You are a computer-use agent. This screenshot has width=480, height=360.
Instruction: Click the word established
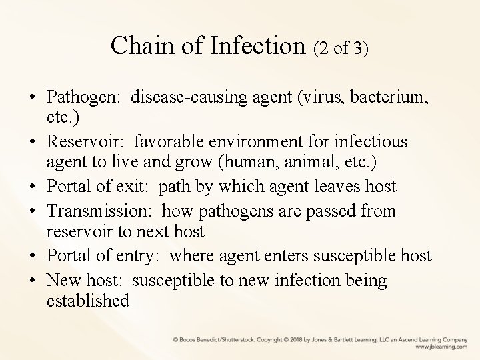[x=88, y=301]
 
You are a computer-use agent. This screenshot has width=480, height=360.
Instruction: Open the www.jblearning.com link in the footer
[x=441, y=346]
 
